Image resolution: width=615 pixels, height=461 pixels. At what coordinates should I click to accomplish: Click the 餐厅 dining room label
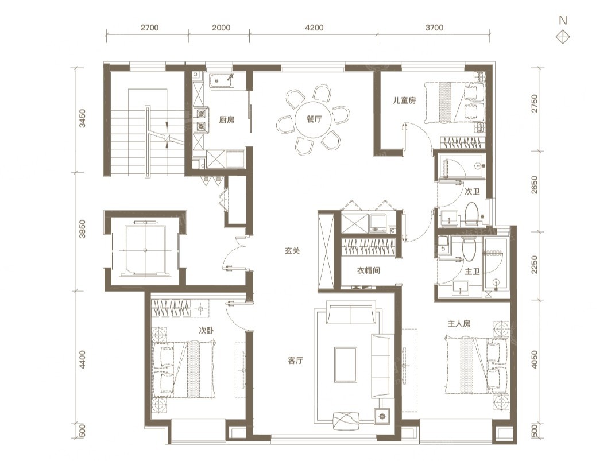(314, 119)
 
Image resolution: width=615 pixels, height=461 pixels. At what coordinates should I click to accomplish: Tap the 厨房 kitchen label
(227, 120)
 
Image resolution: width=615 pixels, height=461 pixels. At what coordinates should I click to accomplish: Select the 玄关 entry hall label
(292, 251)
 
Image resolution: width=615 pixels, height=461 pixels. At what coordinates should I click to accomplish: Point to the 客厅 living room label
(295, 361)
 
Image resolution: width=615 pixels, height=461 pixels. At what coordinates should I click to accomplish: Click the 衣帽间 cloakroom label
(368, 270)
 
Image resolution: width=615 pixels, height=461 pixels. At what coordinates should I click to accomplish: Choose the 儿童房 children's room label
(404, 100)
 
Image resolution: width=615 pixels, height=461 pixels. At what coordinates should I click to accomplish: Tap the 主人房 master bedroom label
(459, 324)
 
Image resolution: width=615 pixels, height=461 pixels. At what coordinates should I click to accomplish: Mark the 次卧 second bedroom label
(206, 331)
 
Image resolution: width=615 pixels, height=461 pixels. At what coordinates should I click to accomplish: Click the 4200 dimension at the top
(314, 28)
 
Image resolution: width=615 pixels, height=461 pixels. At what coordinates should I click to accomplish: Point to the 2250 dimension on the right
(534, 265)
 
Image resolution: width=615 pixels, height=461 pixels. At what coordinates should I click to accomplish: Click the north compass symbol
(563, 37)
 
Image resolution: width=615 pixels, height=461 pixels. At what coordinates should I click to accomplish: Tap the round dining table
(314, 119)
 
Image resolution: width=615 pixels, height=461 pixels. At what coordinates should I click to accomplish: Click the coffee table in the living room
(346, 365)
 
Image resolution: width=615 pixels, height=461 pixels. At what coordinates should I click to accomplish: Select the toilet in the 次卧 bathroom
(472, 214)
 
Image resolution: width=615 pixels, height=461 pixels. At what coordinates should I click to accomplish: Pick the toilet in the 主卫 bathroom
(469, 249)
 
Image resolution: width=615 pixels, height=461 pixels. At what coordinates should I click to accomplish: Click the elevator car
(145, 250)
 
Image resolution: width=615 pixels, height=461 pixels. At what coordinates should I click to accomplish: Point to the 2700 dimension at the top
(149, 28)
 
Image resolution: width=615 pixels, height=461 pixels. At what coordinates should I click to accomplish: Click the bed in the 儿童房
(454, 103)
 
